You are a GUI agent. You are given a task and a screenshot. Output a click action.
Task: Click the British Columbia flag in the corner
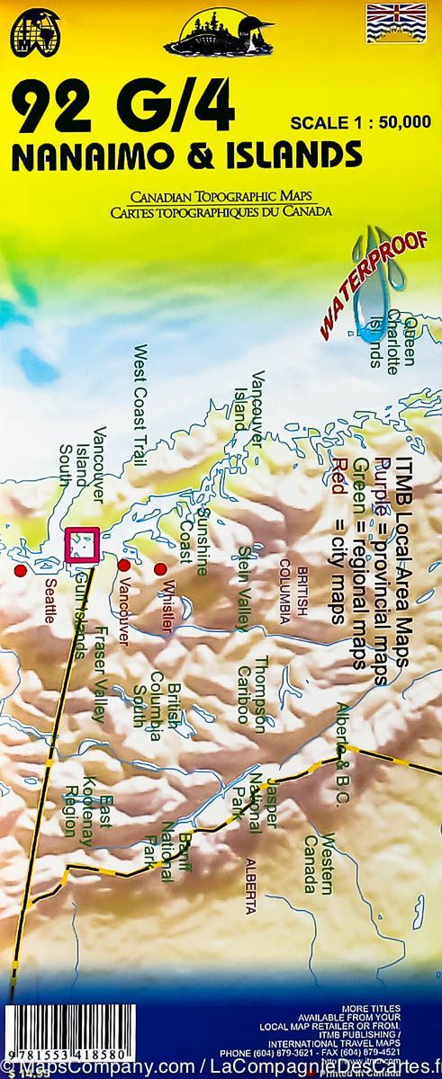pos(395,24)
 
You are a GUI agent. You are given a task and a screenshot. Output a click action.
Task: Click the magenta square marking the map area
pos(82,543)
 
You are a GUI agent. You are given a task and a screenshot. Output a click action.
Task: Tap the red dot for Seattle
pos(20,571)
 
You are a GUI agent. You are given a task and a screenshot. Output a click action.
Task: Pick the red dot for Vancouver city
pos(123,565)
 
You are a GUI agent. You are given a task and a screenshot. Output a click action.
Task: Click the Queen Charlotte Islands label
pos(392,343)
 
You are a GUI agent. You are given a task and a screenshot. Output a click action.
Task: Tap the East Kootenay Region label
pos(89,791)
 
